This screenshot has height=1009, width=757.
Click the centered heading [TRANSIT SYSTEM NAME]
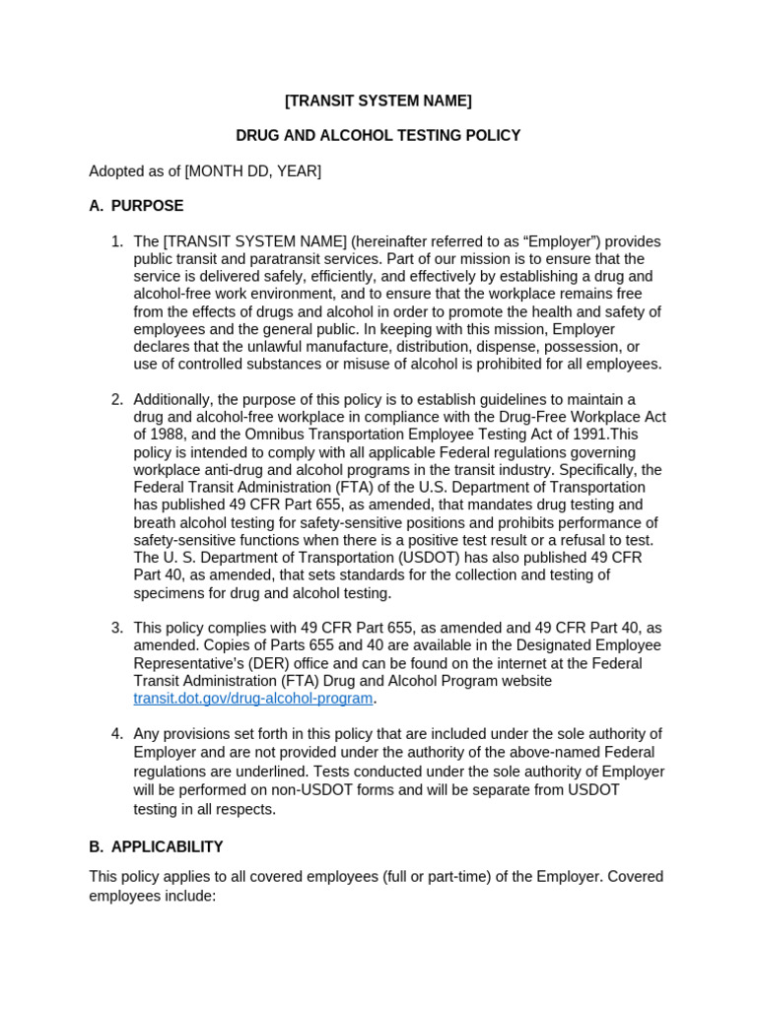click(378, 101)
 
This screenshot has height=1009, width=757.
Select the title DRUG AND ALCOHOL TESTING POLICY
click(378, 136)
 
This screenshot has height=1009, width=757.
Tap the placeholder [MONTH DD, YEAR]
click(252, 171)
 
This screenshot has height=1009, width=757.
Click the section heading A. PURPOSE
click(136, 206)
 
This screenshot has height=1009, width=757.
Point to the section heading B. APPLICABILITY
click(156, 846)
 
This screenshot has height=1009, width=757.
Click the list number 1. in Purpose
click(117, 241)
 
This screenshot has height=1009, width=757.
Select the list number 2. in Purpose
click(117, 399)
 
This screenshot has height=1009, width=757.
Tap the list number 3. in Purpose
click(117, 628)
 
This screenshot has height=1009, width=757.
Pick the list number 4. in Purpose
click(117, 734)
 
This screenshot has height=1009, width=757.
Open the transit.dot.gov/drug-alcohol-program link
click(253, 699)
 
